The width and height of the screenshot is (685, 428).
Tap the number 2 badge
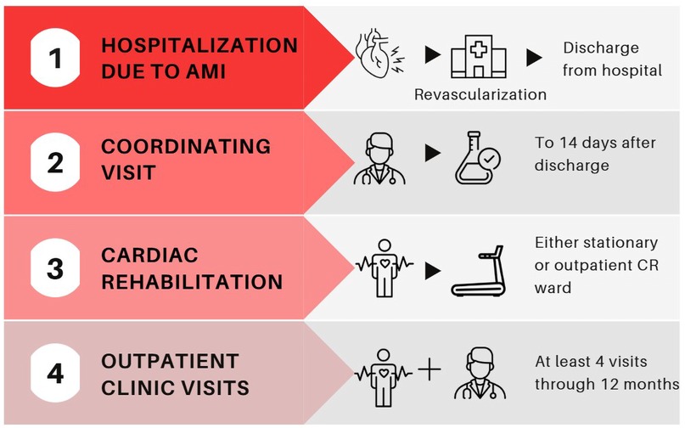coord(55,162)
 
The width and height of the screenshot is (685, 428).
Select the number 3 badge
coord(55,269)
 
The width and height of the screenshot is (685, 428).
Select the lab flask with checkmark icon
coord(480,159)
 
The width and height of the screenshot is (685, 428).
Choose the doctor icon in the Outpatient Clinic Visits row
coord(477,374)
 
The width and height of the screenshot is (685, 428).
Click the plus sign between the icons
coord(430,371)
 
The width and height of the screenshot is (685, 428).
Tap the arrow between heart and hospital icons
coord(432,56)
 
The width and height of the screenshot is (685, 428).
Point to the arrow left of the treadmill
coord(433,271)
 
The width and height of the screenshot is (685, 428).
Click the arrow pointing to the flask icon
coord(433,154)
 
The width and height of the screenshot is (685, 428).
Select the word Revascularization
coord(480,93)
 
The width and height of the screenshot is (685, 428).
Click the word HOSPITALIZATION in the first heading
coord(199,45)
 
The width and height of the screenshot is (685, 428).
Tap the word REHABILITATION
coord(191,282)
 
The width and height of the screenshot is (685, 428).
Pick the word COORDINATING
coord(186,146)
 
